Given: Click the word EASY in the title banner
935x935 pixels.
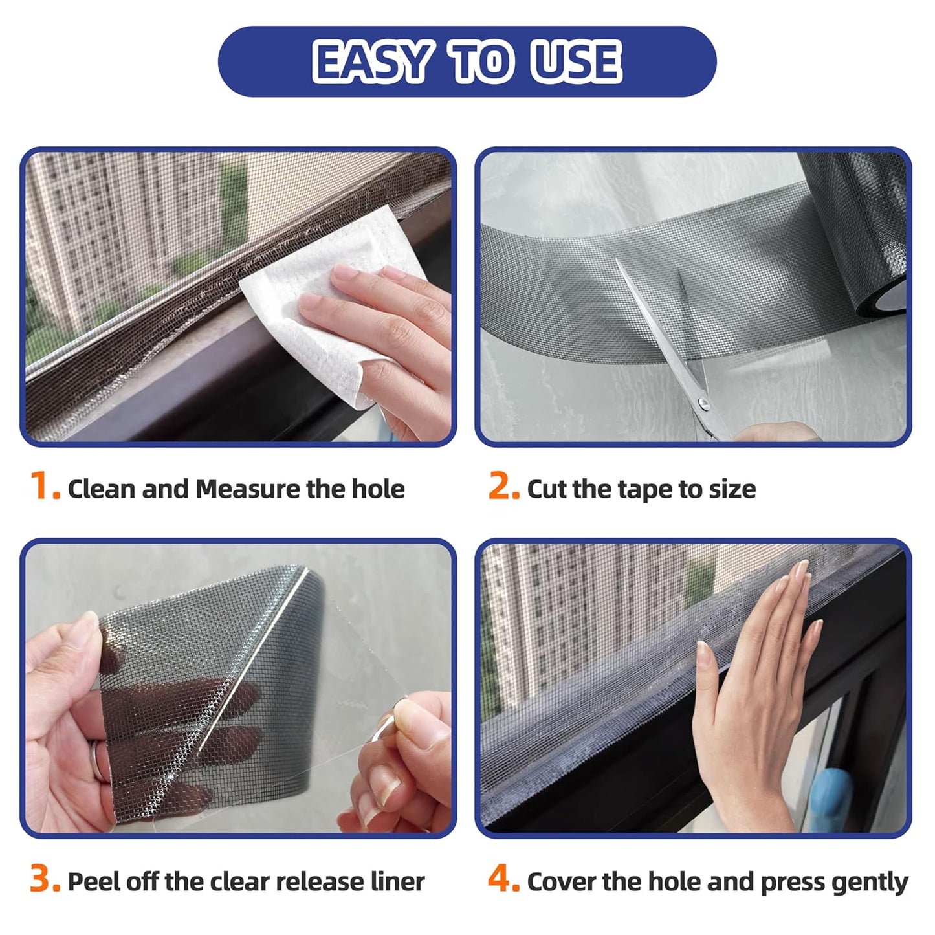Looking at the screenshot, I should (x=371, y=62).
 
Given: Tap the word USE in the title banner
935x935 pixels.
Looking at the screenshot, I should (x=575, y=62).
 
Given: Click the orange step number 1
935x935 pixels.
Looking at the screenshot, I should (x=42, y=487).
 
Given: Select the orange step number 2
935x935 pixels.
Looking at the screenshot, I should (x=502, y=487).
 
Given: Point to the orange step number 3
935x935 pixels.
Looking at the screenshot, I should (x=43, y=880).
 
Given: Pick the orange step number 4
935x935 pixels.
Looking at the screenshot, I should (x=502, y=880).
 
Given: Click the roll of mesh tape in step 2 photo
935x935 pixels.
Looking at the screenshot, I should (x=854, y=252).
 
